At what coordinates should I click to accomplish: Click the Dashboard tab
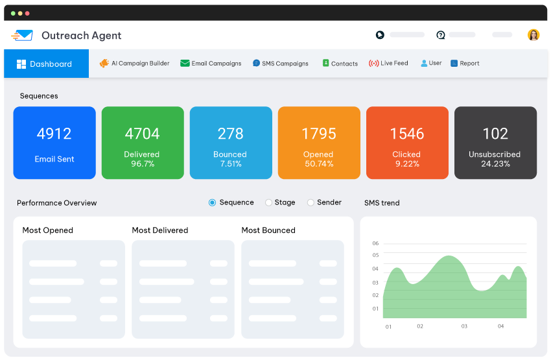pyautogui.click(x=45, y=64)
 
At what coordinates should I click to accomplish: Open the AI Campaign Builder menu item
pyautogui.click(x=135, y=64)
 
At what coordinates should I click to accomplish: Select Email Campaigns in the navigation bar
pyautogui.click(x=211, y=64)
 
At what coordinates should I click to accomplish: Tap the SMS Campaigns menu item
pyautogui.click(x=281, y=64)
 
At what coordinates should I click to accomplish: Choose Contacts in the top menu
pyautogui.click(x=340, y=64)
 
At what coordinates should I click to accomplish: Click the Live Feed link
pyautogui.click(x=389, y=64)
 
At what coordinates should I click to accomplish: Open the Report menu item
pyautogui.click(x=465, y=64)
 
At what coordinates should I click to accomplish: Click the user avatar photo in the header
pyautogui.click(x=533, y=35)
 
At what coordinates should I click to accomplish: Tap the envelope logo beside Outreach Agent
pyautogui.click(x=22, y=36)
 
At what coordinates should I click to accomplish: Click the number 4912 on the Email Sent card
pyautogui.click(x=54, y=134)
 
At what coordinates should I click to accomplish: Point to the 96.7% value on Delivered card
pyautogui.click(x=143, y=164)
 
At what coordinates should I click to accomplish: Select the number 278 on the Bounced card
pyautogui.click(x=230, y=134)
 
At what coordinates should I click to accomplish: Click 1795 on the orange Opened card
pyautogui.click(x=318, y=134)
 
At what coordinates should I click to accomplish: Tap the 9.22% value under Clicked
pyautogui.click(x=406, y=164)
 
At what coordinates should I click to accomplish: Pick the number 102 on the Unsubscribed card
pyautogui.click(x=495, y=134)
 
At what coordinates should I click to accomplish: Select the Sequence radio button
pyautogui.click(x=212, y=202)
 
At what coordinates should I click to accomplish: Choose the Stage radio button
pyautogui.click(x=268, y=202)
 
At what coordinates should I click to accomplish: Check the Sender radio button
pyautogui.click(x=311, y=202)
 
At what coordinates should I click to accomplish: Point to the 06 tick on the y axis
pyautogui.click(x=375, y=244)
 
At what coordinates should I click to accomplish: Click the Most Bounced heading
pyautogui.click(x=268, y=230)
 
